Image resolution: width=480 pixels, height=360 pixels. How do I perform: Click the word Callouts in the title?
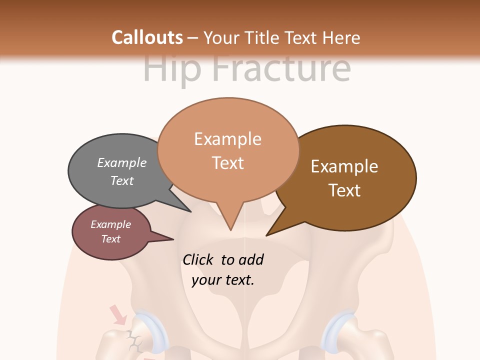click(147, 37)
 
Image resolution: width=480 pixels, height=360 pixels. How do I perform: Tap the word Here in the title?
click(342, 38)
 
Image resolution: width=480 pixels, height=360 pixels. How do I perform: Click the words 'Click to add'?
click(223, 259)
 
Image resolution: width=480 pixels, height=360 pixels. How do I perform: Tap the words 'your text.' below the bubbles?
click(223, 280)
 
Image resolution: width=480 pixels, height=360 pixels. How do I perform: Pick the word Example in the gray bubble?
click(122, 162)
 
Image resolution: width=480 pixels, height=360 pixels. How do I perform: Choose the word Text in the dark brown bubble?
click(344, 190)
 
